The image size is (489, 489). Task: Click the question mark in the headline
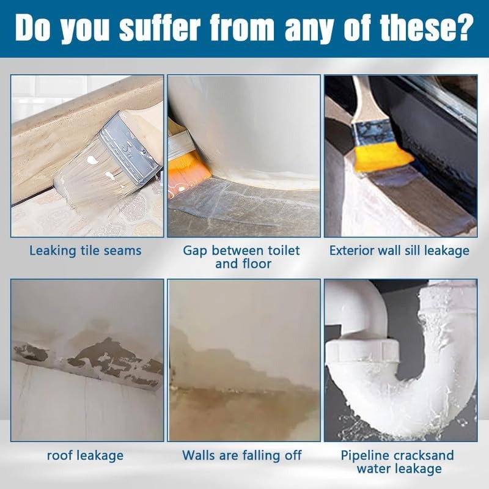[465, 29]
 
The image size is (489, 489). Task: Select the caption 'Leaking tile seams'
[86, 251]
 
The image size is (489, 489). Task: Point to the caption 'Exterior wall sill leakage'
[399, 251]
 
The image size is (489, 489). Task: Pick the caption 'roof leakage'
[85, 455]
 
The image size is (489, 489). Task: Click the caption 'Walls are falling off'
[242, 455]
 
